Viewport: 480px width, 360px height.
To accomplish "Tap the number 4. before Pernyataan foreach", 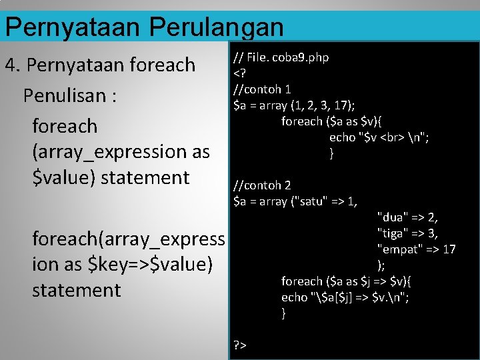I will pos(14,65).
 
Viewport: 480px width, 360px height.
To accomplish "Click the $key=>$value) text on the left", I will pos(151,265).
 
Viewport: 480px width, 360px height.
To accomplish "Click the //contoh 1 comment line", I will pos(261,89).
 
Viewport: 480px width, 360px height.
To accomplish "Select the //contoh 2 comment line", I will pos(261,185).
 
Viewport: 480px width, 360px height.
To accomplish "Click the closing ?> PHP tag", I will pos(240,345).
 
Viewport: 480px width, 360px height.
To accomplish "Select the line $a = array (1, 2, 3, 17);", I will pos(293,105).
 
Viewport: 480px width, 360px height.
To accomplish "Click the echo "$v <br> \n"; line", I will pos(379,137).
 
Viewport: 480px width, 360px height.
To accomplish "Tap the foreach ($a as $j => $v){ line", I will pos(348,281).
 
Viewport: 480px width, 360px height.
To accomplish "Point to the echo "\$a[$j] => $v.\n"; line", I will pos(345,297).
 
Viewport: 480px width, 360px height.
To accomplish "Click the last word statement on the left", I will pos(77,291).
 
